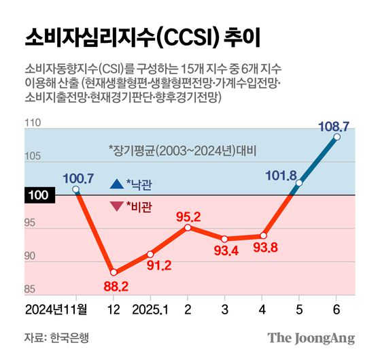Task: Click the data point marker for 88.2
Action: [x=113, y=273]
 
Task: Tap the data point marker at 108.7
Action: [x=336, y=136]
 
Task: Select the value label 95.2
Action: [x=188, y=216]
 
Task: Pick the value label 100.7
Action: [x=77, y=178]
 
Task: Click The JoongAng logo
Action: [x=311, y=338]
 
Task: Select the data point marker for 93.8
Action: [x=262, y=236]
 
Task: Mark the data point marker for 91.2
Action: [x=150, y=254]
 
